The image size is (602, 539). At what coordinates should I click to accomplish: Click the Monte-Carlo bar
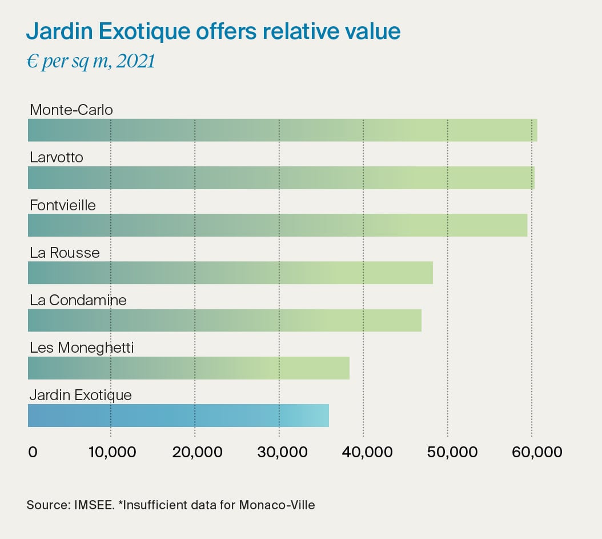(282, 130)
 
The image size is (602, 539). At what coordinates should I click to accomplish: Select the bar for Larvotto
(281, 178)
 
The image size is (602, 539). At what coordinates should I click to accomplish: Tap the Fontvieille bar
(278, 225)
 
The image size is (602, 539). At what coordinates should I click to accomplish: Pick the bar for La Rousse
(230, 273)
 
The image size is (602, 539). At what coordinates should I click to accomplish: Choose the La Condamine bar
(224, 320)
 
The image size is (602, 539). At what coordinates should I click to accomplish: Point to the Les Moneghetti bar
(188, 368)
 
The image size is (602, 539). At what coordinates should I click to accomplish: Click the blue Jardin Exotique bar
(178, 415)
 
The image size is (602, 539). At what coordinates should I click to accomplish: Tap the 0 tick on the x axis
(33, 452)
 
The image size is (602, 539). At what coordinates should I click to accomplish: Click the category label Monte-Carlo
(71, 110)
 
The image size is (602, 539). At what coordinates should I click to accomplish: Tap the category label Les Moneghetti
(82, 348)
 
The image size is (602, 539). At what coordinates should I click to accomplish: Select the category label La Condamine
(78, 300)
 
